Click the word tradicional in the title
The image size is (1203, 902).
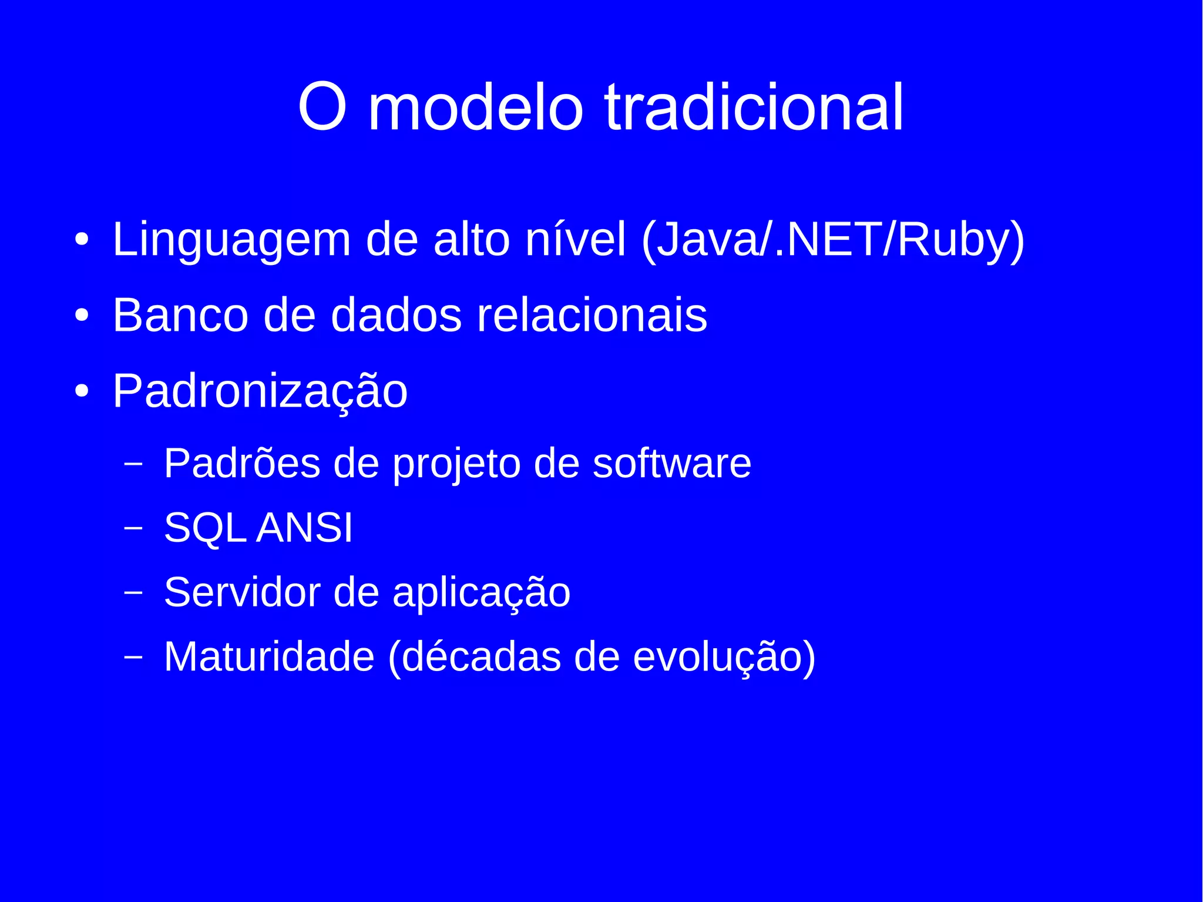point(754,108)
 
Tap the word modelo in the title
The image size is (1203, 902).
point(475,108)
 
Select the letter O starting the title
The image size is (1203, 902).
point(321,108)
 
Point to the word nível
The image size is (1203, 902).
point(575,240)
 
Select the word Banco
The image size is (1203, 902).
point(180,316)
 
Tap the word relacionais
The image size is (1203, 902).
point(592,316)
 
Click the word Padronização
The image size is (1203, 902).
point(260,392)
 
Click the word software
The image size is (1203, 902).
point(671,464)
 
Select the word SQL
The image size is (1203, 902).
point(204,528)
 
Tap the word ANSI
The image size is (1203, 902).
point(304,527)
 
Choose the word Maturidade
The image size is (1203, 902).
point(269,656)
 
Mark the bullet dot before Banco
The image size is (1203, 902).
point(82,316)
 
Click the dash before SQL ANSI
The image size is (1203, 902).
point(133,528)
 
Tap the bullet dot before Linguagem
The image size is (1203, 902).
point(82,240)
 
